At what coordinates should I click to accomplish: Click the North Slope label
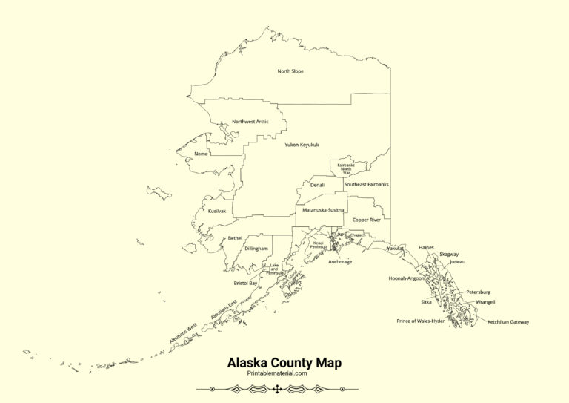tap(290, 71)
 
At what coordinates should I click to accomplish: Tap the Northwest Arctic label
tap(250, 122)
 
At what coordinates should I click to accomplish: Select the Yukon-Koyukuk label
tap(301, 145)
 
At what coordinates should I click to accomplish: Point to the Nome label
tap(201, 154)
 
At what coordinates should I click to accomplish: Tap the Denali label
tap(317, 185)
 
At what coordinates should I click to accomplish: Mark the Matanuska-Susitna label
tap(323, 210)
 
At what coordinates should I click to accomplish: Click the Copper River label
tap(366, 220)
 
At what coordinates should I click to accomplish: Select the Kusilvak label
tap(217, 211)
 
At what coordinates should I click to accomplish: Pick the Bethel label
tap(235, 237)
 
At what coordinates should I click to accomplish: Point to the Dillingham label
tap(256, 248)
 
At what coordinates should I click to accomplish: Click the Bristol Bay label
tap(245, 283)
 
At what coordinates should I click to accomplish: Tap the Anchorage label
tap(340, 262)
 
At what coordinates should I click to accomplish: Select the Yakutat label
tap(396, 248)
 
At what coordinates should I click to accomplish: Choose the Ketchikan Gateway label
tap(508, 321)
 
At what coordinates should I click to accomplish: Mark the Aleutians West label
tap(183, 332)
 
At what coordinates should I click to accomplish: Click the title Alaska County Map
tap(284, 363)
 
